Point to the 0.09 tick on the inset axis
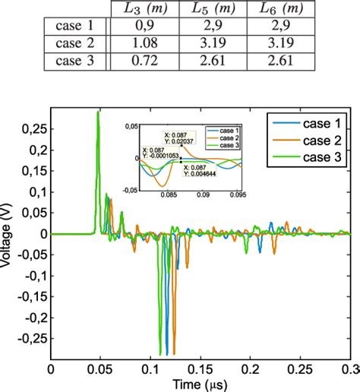coord(203,194)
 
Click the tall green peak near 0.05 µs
coord(98,114)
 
